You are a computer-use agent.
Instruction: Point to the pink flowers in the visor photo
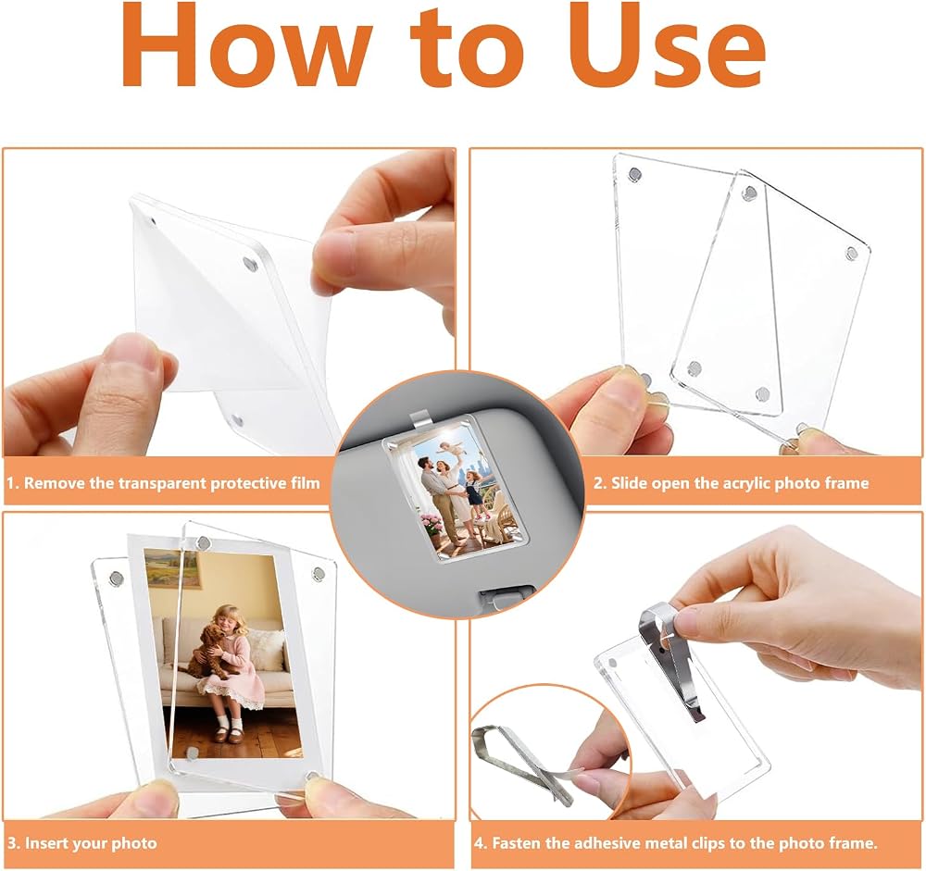point(432,522)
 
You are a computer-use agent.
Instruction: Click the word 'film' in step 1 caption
point(306,483)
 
